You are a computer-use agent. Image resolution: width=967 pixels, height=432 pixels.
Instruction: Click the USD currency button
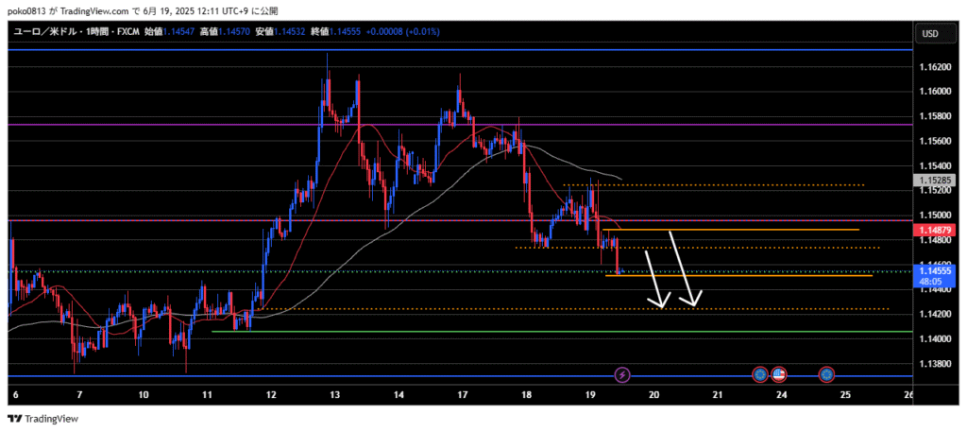click(x=930, y=34)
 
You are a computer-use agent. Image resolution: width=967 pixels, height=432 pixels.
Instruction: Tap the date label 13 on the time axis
click(x=335, y=394)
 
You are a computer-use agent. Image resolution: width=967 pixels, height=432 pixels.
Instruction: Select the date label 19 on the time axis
click(x=590, y=394)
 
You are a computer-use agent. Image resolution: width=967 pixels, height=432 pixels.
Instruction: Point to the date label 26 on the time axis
click(x=909, y=394)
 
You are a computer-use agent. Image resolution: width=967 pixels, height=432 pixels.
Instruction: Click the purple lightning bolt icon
click(x=622, y=375)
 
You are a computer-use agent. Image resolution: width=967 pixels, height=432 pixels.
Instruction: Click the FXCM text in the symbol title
click(x=127, y=32)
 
